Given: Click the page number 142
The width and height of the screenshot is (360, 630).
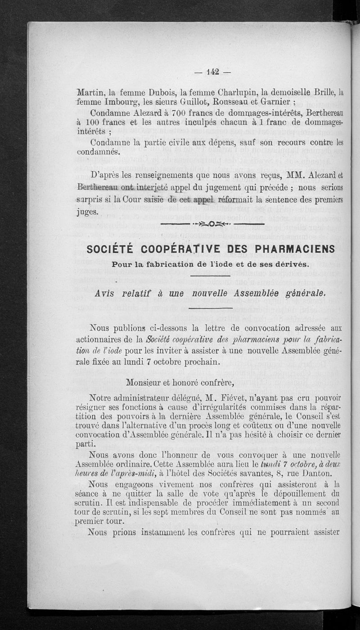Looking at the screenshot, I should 212,71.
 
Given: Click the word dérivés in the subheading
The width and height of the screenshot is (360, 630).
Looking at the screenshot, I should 288,263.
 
